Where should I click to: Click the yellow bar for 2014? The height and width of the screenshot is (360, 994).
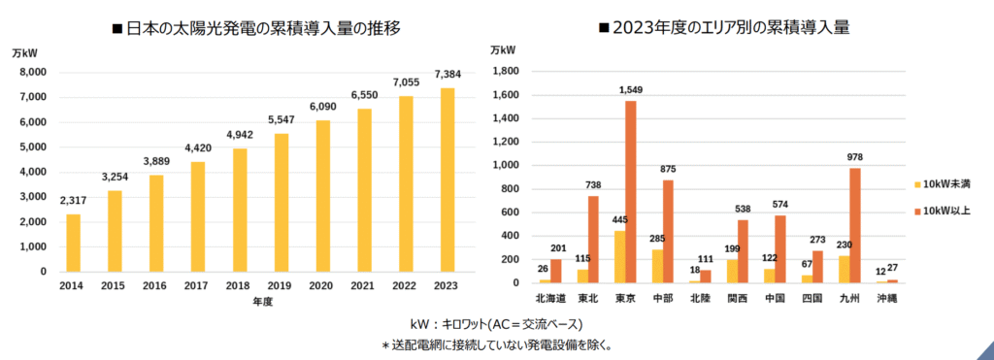73,243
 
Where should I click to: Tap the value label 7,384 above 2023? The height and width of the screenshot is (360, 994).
447,75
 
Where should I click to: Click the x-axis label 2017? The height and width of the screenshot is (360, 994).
198,287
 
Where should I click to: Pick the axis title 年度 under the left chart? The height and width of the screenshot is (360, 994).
260,302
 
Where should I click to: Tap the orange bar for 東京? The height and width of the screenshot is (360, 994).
631,192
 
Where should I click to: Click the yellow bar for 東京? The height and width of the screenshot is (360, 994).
618,256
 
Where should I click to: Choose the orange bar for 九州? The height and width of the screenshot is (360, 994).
855,225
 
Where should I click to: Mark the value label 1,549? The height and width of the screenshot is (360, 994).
632,89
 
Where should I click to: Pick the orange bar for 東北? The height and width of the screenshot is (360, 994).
593,240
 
